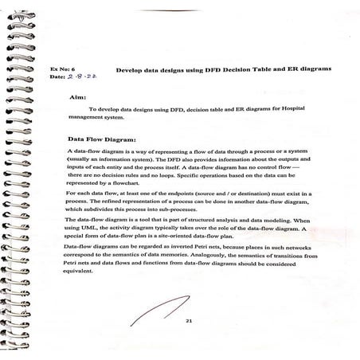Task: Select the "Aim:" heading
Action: click(x=77, y=98)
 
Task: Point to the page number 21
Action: click(x=189, y=320)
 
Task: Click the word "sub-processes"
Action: click(x=211, y=209)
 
